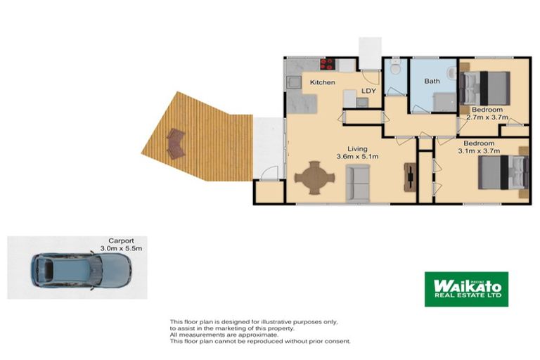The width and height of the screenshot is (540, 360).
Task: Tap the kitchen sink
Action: pyautogui.click(x=293, y=83)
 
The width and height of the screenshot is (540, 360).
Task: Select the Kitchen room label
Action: pyautogui.click(x=322, y=83)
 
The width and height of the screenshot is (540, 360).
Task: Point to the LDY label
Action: pyautogui.click(x=368, y=91)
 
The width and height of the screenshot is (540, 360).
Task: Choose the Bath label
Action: pyautogui.click(x=432, y=82)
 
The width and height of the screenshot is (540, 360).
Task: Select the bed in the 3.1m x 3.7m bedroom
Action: pyautogui.click(x=502, y=173)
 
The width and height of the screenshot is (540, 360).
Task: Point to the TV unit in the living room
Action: pyautogui.click(x=410, y=177)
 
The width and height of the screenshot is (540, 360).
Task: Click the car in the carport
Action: pyautogui.click(x=80, y=269)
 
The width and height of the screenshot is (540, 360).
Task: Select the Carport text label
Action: pyautogui.click(x=121, y=240)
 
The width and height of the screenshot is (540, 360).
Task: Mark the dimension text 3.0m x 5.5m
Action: pyautogui.click(x=121, y=248)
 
